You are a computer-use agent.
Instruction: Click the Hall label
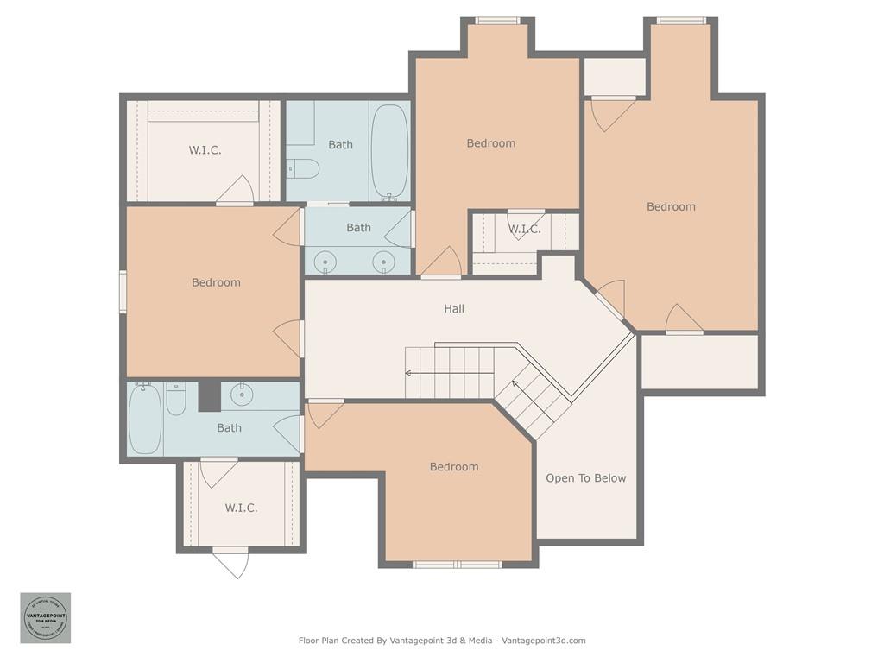pos(454,308)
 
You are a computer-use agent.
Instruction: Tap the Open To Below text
pos(585,478)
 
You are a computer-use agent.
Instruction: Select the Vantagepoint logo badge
pos(46,617)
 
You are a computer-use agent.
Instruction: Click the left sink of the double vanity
pos(325,261)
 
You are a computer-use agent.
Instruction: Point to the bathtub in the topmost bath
pos(389,151)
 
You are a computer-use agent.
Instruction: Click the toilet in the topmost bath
pos(303,167)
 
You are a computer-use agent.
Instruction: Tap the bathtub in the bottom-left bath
pos(144,419)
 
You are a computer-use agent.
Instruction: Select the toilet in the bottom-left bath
pos(176,400)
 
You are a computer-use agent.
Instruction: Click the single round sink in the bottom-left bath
pos(243,395)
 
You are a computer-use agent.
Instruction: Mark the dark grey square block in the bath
pos(210,396)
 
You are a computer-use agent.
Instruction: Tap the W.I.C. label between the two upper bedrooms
pos(524,229)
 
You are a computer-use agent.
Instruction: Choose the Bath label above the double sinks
pos(358,228)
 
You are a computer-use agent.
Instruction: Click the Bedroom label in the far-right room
pos(671,206)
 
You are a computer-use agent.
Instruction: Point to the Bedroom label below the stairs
pos(454,467)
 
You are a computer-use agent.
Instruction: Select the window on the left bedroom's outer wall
pos(123,291)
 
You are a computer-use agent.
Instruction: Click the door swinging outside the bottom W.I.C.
pos(231,563)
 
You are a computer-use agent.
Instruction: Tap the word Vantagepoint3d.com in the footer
pos(544,641)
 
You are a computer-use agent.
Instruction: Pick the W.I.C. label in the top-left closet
pos(205,150)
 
